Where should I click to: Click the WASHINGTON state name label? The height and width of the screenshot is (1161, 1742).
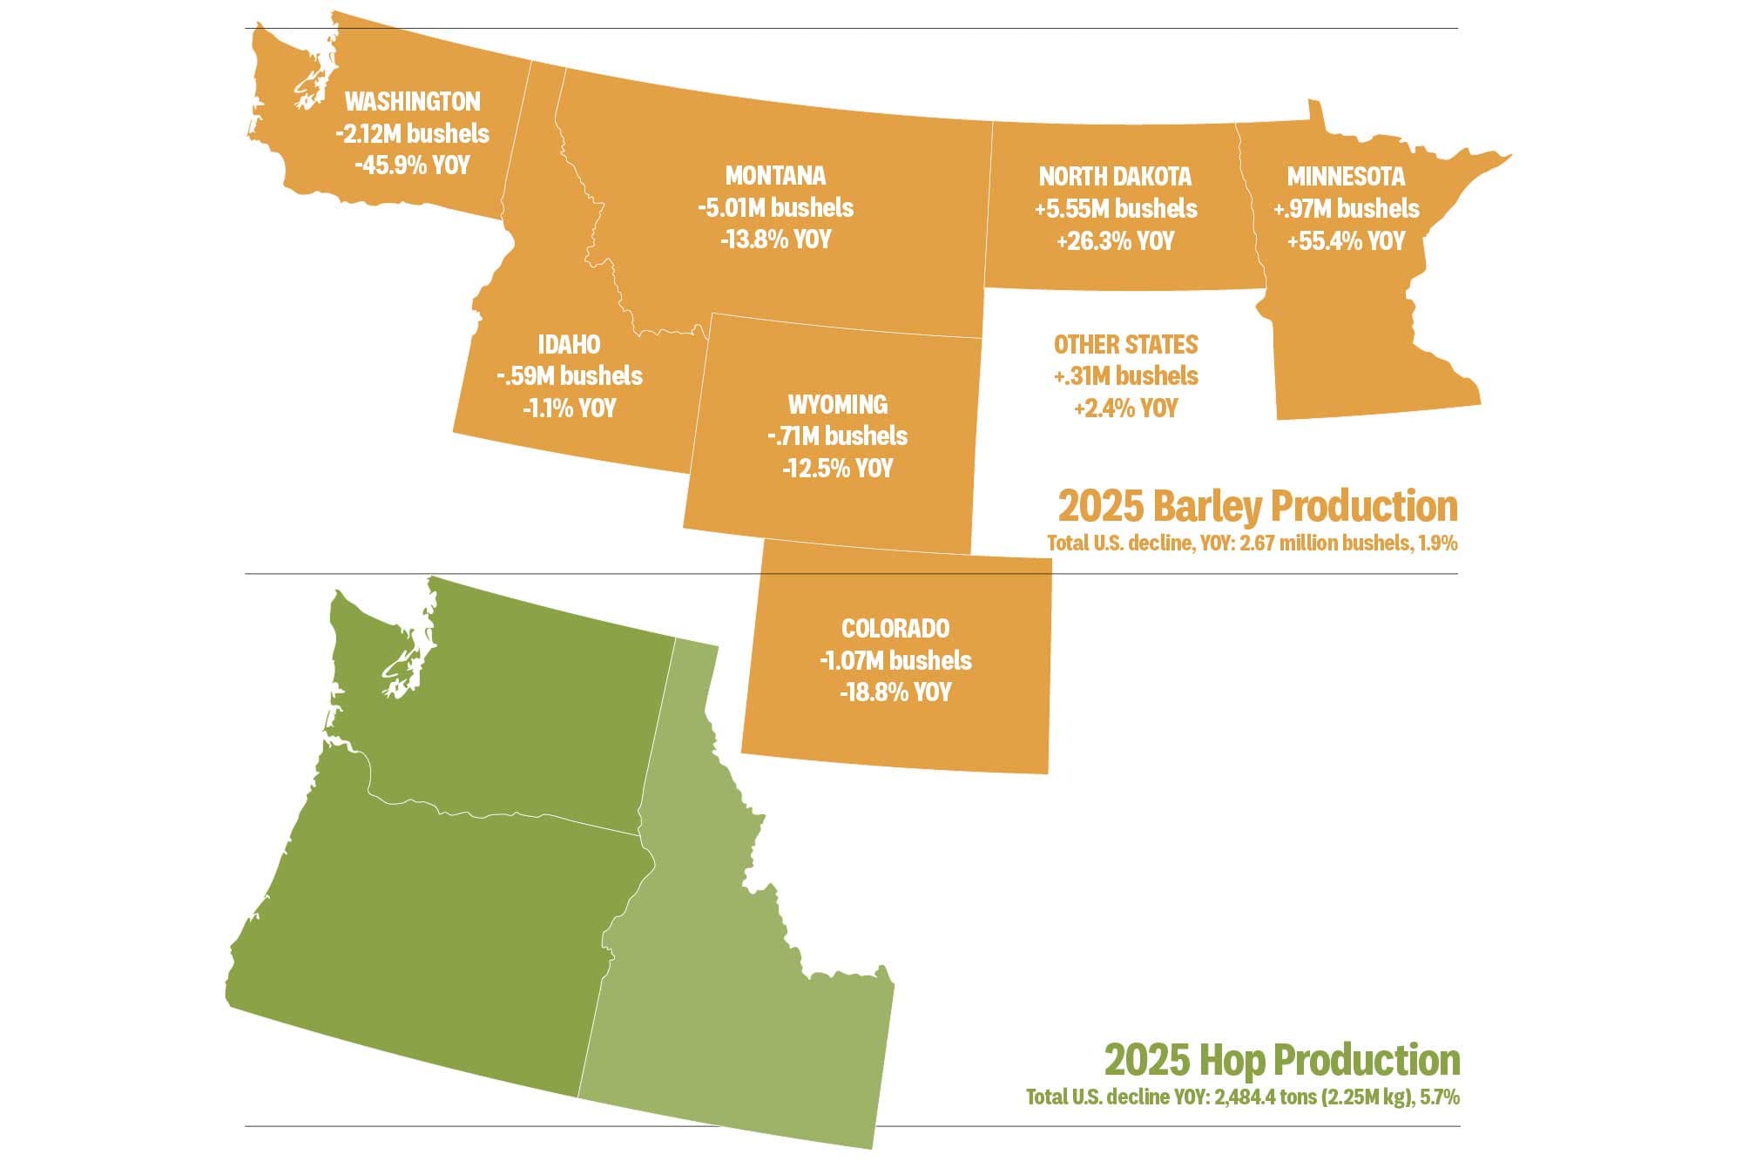coord(412,102)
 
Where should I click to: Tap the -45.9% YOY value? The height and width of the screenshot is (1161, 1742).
coord(412,165)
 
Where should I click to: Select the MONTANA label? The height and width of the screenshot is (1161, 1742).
coord(775,176)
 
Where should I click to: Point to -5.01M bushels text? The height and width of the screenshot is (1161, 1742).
coord(775,208)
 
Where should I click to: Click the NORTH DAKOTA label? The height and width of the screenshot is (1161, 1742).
coord(1115,177)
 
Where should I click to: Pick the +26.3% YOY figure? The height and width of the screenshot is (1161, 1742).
coord(1115,241)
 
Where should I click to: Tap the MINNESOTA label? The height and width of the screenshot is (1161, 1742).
coord(1346,177)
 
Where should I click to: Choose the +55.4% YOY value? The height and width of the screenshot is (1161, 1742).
coord(1346,241)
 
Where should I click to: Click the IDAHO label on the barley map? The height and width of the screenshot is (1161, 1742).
coord(569,345)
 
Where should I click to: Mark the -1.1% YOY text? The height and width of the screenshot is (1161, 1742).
coord(569,408)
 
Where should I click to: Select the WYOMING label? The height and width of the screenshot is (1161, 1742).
coord(838,405)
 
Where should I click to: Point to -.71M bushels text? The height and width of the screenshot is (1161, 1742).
coord(838,436)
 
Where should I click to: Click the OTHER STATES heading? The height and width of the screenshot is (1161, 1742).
coord(1125,345)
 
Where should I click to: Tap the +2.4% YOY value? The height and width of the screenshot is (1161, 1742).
coord(1125,408)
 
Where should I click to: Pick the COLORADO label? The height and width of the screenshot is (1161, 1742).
coord(895,629)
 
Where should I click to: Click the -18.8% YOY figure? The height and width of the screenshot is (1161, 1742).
coord(895,693)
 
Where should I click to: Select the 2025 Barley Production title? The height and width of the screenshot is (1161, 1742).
coord(1257,507)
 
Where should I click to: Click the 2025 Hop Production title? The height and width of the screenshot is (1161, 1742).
coord(1281,1061)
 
